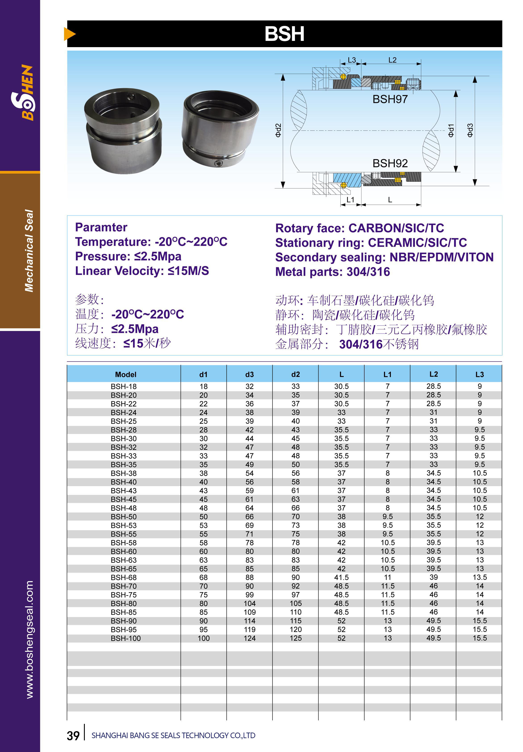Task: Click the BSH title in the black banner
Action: tap(284, 34)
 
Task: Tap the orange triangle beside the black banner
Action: tap(69, 34)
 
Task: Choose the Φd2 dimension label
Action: tap(278, 130)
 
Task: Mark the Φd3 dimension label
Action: tap(470, 130)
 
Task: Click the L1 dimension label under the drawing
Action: tap(350, 200)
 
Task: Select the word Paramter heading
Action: tap(101, 227)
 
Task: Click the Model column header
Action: tap(126, 374)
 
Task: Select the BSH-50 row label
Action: tap(124, 517)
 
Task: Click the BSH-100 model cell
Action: tap(126, 638)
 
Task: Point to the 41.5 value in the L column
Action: tap(341, 578)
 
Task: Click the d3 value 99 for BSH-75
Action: tap(249, 595)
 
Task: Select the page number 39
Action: tap(73, 736)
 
